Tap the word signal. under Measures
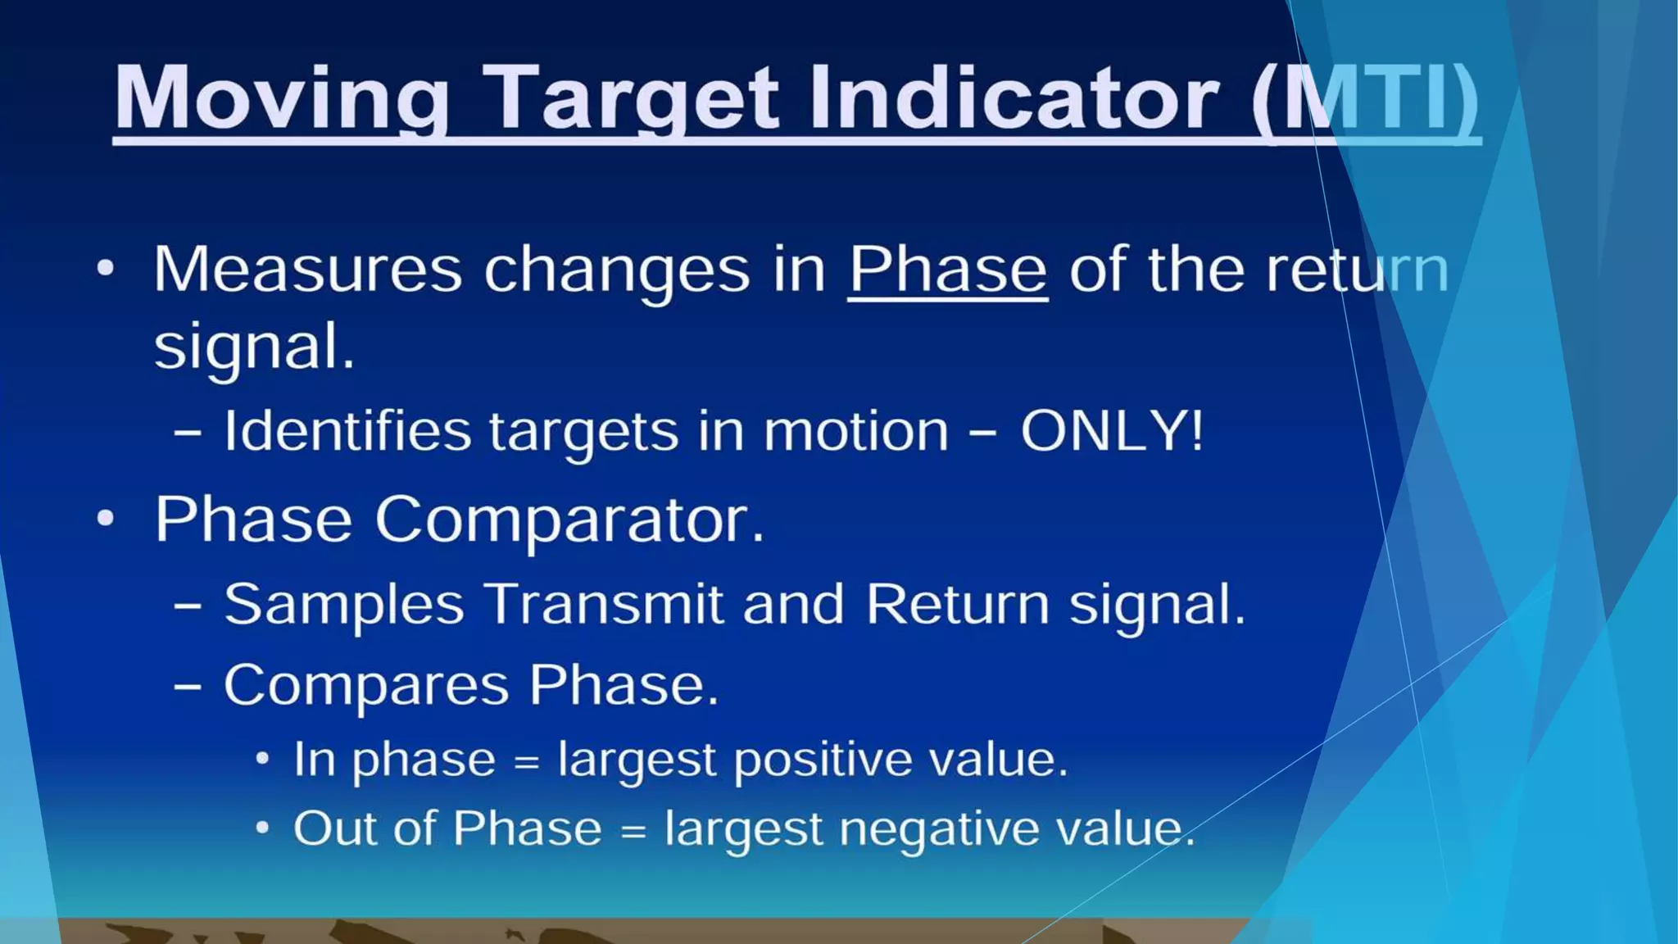[254, 347]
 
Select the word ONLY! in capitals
[1112, 430]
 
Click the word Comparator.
[569, 520]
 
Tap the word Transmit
[604, 604]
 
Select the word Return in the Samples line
[957, 604]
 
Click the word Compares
[365, 685]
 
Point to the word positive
[822, 760]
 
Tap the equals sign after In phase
[526, 763]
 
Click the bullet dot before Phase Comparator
[105, 519]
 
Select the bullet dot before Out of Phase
[261, 828]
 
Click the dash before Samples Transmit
[188, 606]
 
